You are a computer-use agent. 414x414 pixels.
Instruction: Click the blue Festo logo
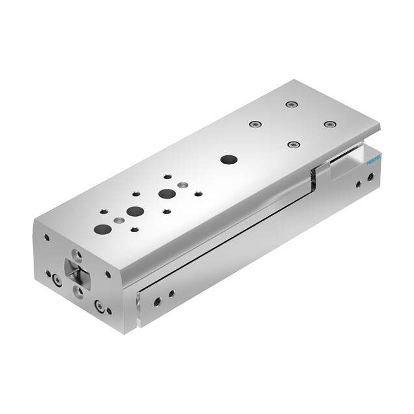coord(374,160)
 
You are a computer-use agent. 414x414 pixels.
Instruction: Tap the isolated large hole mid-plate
coord(229,160)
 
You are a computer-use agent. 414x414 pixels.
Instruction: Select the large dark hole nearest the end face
coord(103,229)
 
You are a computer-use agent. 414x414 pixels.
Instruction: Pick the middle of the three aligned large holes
coord(135,212)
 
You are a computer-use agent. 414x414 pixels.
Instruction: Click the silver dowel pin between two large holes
coord(119,220)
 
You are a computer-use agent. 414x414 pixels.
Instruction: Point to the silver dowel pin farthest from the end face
coord(182,185)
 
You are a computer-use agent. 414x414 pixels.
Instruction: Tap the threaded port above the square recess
coord(78,255)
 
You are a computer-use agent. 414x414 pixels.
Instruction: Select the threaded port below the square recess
coord(78,292)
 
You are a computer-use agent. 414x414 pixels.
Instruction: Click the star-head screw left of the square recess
coord(58,280)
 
